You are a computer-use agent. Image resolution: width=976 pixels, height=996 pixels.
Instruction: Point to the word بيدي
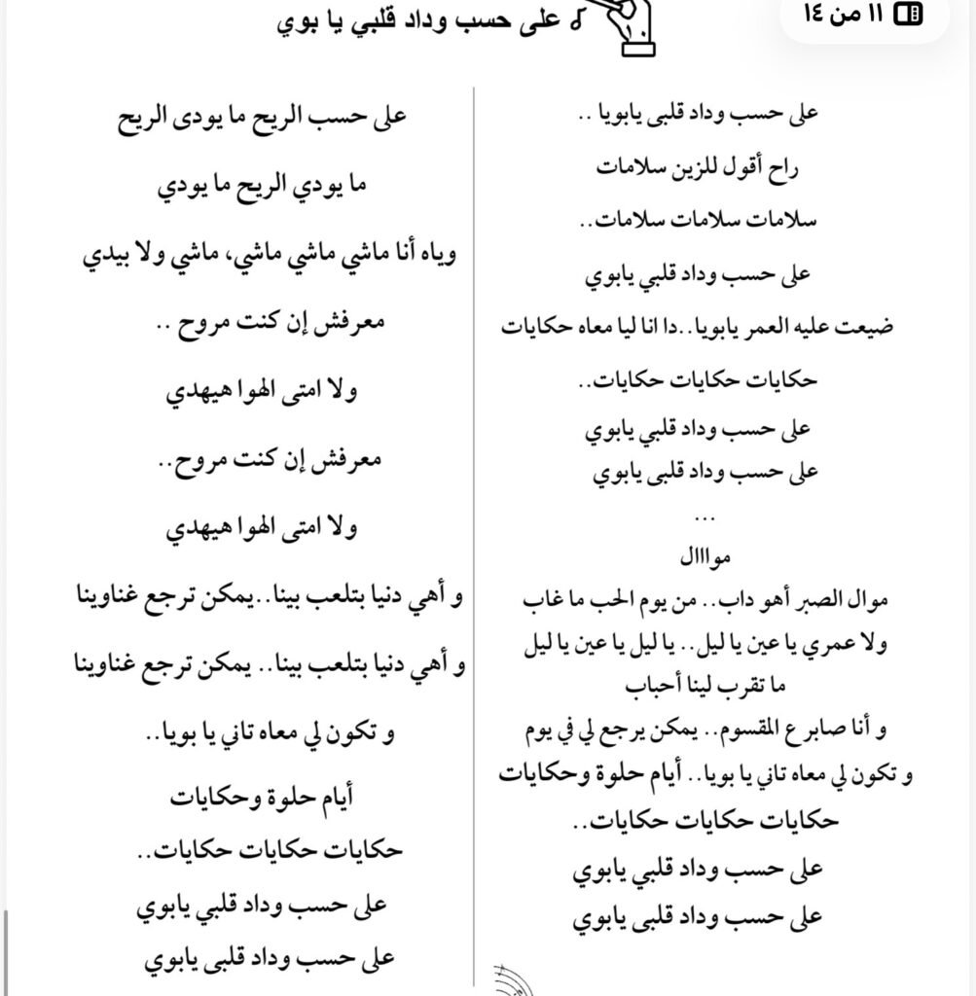[101, 255]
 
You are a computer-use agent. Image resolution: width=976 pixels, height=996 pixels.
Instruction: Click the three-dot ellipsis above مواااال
[706, 516]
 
